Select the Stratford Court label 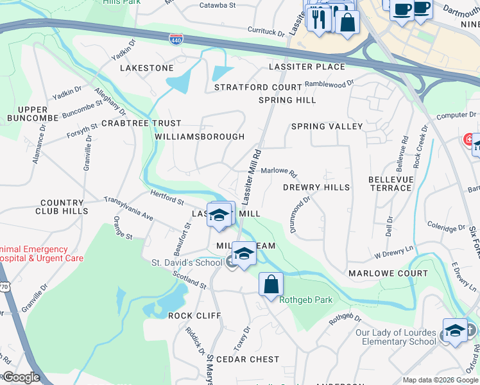258,87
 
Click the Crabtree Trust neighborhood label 141,123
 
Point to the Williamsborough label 200,137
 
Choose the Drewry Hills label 316,187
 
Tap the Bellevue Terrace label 390,184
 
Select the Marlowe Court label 388,273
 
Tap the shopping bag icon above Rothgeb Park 271,283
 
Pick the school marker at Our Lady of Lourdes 455,330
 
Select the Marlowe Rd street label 279,173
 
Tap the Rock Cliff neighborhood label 194,316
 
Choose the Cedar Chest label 248,359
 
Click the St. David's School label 186,262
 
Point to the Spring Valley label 327,126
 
